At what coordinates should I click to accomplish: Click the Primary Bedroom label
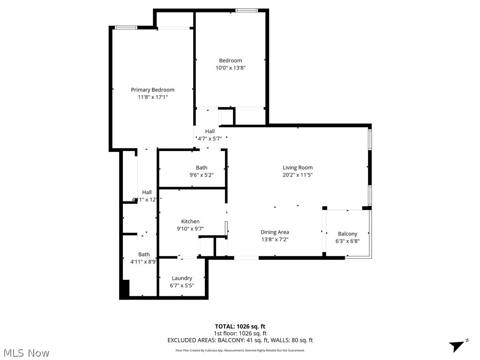pyautogui.click(x=152, y=90)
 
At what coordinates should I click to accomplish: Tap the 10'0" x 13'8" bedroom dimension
pyautogui.click(x=231, y=68)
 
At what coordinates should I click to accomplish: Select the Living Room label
pyautogui.click(x=297, y=168)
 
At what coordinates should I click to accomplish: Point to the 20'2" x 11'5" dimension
pyautogui.click(x=297, y=175)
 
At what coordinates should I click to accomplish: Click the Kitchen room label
pyautogui.click(x=190, y=222)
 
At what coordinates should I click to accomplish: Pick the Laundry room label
pyautogui.click(x=181, y=278)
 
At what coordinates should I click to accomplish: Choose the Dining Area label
pyautogui.click(x=275, y=232)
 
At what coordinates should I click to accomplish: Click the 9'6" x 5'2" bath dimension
pyautogui.click(x=202, y=175)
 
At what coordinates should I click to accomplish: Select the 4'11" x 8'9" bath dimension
pyautogui.click(x=143, y=262)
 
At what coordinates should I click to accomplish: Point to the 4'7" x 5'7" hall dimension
pyautogui.click(x=210, y=139)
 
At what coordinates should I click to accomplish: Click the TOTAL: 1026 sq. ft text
pyautogui.click(x=240, y=326)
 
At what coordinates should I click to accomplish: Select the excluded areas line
pyautogui.click(x=240, y=340)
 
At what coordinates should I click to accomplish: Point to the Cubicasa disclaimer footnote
pyautogui.click(x=240, y=350)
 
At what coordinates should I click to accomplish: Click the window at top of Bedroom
pyautogui.click(x=247, y=10)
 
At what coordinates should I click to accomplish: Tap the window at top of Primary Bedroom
pyautogui.click(x=126, y=28)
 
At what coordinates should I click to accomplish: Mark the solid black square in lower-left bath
pyautogui.click(x=125, y=289)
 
